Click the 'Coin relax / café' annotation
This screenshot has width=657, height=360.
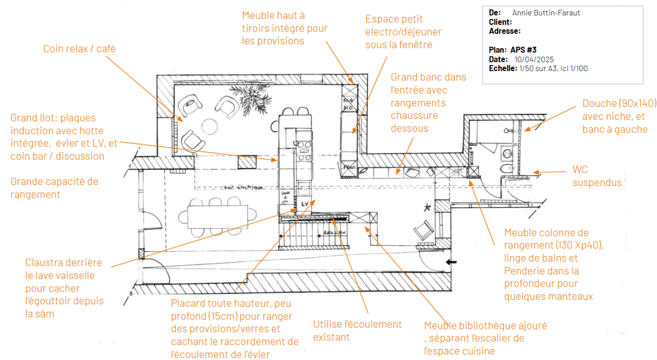coord(79,49)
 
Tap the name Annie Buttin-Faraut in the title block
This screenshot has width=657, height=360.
coord(545,13)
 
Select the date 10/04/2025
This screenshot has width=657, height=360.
coord(534,59)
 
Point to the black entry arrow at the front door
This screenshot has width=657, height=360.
coord(452,263)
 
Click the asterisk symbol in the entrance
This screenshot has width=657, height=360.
coord(427,207)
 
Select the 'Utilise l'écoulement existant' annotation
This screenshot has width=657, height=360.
coord(357,330)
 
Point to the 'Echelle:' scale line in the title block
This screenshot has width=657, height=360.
coord(538,68)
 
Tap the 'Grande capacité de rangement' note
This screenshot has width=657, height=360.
coord(54,188)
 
